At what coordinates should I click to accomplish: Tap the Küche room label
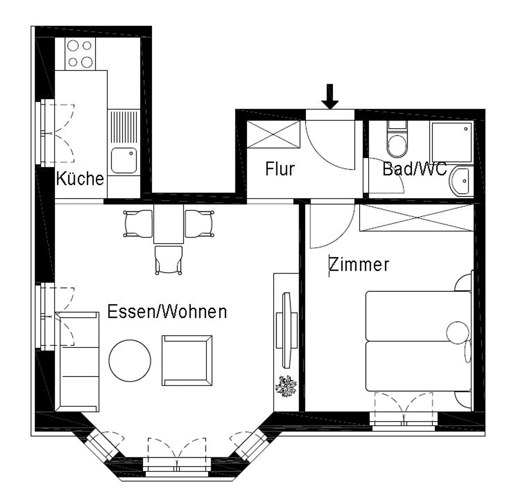80,178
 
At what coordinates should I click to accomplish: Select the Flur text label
280,169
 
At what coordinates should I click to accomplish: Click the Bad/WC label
414,169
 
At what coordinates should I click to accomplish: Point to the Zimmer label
359,264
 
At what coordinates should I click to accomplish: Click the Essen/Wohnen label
167,311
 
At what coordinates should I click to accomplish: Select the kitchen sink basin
124,160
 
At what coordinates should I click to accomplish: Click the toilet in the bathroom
397,142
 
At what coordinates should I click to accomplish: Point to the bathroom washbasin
461,181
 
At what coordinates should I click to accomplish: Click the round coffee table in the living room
130,360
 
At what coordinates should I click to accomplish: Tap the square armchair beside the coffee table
187,360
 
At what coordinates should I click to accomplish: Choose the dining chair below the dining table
169,260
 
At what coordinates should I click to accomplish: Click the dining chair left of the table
138,223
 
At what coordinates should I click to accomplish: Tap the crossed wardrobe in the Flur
274,134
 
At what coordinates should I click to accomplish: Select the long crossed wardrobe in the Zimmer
416,217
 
